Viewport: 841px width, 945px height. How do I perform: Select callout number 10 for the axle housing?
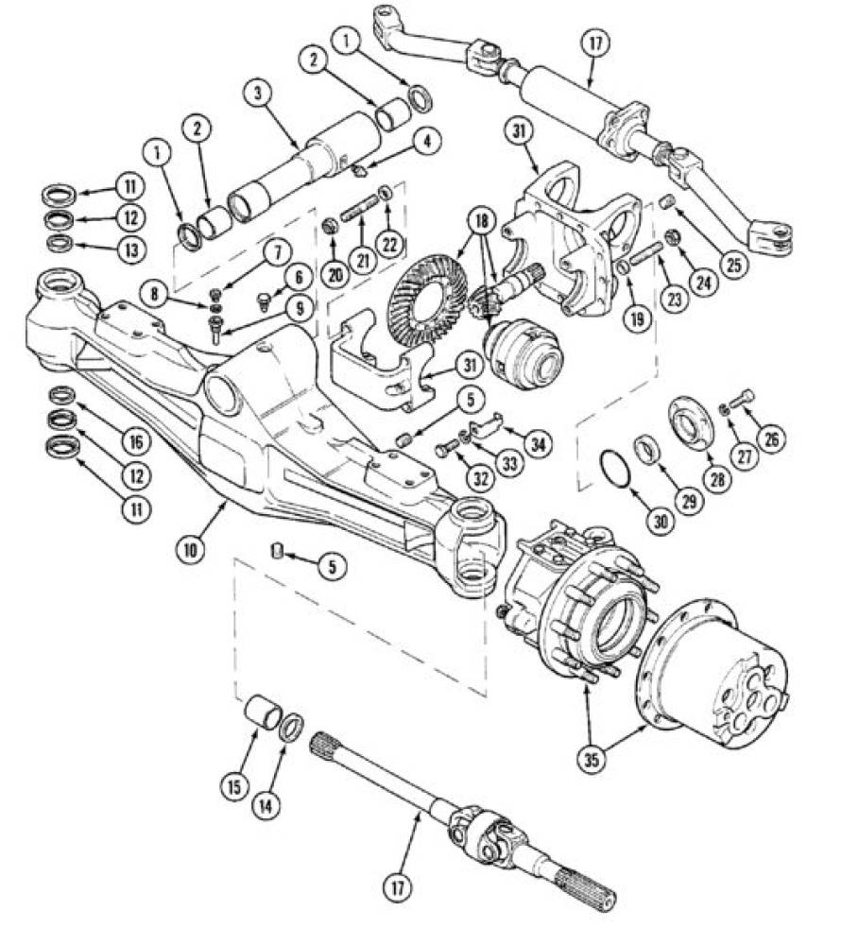(x=191, y=550)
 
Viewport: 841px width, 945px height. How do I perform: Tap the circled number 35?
(x=592, y=760)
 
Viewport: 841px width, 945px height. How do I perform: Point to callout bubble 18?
(x=480, y=222)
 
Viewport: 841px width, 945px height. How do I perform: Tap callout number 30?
(x=661, y=521)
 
